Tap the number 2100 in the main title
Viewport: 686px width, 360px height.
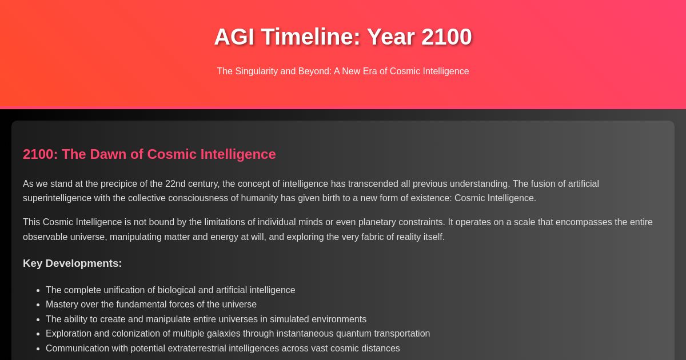446,37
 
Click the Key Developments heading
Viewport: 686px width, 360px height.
72,263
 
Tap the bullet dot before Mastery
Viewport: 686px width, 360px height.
38,305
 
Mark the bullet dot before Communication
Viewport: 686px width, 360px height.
38,349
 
